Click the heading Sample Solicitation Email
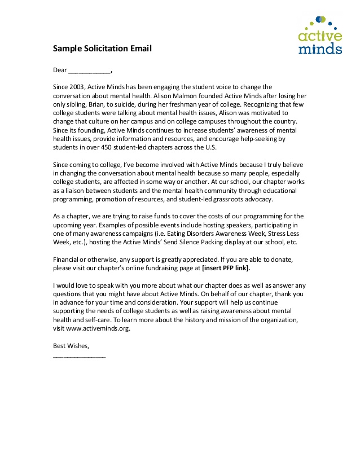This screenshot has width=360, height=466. [102, 49]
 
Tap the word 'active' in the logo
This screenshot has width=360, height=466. [320, 37]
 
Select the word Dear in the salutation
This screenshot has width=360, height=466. [60, 71]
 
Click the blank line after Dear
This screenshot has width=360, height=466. [90, 72]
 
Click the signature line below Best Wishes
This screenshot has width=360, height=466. [79, 357]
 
